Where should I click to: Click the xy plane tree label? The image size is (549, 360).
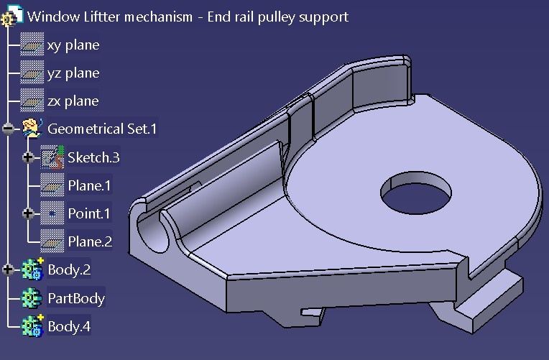click(73, 45)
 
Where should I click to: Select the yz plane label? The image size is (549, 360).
click(73, 73)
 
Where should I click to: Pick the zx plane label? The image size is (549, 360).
click(73, 101)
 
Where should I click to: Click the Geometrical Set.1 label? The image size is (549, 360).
click(102, 129)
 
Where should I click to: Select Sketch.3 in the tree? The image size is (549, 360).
click(93, 157)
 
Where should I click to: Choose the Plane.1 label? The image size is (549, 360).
click(90, 185)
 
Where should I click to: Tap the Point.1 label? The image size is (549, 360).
click(90, 213)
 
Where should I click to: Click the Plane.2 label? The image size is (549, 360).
click(90, 241)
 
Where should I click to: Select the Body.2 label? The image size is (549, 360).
click(69, 270)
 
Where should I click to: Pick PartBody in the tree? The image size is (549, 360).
click(76, 298)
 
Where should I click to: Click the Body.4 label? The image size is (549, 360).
click(69, 326)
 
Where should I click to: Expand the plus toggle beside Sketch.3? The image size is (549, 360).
click(29, 157)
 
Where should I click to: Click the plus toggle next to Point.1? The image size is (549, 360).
click(29, 213)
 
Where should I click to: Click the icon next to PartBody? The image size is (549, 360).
click(32, 298)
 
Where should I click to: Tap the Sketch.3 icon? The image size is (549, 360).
click(52, 157)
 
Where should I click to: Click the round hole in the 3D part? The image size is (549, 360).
click(416, 192)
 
